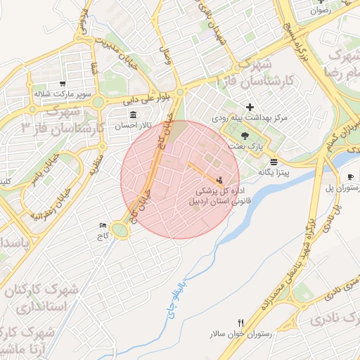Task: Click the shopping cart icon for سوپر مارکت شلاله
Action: click(x=63, y=83)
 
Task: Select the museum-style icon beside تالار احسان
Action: click(x=133, y=114)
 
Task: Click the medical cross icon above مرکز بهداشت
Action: click(x=249, y=107)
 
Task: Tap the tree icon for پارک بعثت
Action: click(x=245, y=135)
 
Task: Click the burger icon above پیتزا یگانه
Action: click(x=274, y=161)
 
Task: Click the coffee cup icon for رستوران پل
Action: click(x=351, y=177)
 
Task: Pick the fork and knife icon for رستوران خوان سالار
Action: click(x=241, y=323)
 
